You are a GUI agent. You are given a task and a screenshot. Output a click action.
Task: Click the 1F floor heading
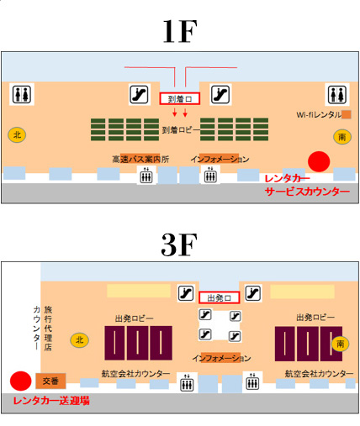pyautogui.click(x=180, y=31)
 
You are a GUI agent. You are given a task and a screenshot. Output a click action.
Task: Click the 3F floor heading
pyautogui.click(x=179, y=245)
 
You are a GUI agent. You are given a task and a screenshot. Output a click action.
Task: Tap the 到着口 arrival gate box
pyautogui.click(x=180, y=98)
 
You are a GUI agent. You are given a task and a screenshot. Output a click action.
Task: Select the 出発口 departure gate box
pyautogui.click(x=220, y=297)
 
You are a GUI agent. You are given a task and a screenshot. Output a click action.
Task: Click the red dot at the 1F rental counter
pyautogui.click(x=319, y=161)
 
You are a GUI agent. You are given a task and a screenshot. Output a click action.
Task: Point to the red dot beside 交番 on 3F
pyautogui.click(x=20, y=381)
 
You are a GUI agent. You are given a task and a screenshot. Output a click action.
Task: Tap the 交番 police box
pyautogui.click(x=50, y=381)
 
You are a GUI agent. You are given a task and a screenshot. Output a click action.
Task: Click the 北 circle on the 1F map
pyautogui.click(x=17, y=135)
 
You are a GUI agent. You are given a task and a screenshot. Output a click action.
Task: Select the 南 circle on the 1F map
pyautogui.click(x=342, y=137)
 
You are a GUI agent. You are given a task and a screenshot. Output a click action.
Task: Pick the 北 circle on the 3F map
pyautogui.click(x=79, y=340)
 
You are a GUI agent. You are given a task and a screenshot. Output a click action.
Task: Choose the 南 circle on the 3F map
pyautogui.click(x=340, y=344)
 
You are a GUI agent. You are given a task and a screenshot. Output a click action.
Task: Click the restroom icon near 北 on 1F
pyautogui.click(x=22, y=94)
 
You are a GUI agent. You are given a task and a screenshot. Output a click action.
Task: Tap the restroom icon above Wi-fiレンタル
pyautogui.click(x=337, y=94)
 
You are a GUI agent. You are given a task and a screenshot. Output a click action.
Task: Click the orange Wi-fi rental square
pyautogui.click(x=347, y=114)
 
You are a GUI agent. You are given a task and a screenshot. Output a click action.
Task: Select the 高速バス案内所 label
pyautogui.click(x=140, y=160)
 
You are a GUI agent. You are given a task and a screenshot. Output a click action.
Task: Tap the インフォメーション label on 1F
pyautogui.click(x=220, y=160)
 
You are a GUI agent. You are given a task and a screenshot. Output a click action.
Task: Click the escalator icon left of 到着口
pyautogui.click(x=139, y=95)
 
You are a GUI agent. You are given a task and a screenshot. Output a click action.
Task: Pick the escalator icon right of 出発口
pyautogui.click(x=253, y=293)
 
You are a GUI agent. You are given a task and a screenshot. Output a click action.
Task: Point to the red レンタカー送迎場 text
pyautogui.click(x=51, y=401)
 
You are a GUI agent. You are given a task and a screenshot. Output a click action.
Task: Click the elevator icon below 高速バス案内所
pyautogui.click(x=146, y=175)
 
